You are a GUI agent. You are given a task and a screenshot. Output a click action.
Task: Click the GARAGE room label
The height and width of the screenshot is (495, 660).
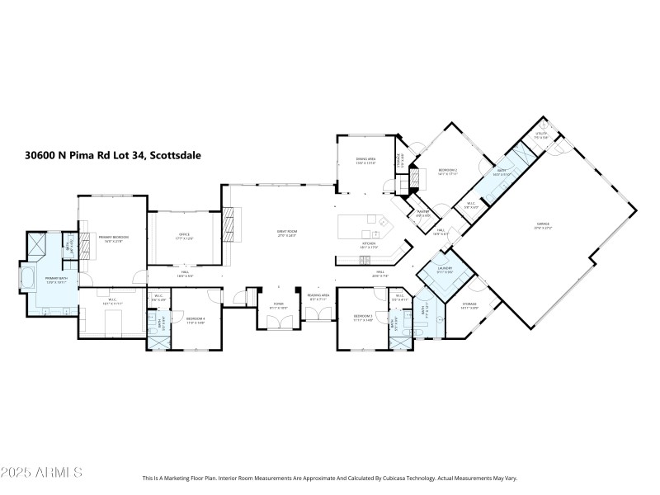click(x=543, y=224)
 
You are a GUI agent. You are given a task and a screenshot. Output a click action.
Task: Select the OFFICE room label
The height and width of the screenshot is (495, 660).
click(x=185, y=234)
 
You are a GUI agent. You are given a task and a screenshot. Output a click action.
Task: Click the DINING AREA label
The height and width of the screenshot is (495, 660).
click(x=365, y=159)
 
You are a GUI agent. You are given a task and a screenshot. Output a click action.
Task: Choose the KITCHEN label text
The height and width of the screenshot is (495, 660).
click(x=369, y=244)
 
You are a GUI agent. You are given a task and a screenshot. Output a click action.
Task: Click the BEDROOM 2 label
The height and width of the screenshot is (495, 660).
click(x=447, y=171)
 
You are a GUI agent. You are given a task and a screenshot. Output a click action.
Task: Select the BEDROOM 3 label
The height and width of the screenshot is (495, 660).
click(x=364, y=315)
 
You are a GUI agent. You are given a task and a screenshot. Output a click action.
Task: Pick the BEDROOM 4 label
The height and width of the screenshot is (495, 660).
click(x=195, y=318)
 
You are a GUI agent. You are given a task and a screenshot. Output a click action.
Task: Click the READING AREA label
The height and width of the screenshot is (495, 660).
click(x=318, y=295)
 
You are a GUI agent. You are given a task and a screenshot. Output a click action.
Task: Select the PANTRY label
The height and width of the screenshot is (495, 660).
click(x=422, y=213)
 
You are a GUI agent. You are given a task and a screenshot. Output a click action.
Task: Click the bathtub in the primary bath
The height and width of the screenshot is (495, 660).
click(x=27, y=279)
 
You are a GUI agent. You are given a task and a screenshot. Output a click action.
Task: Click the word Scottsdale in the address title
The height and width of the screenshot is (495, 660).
click(x=176, y=154)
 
